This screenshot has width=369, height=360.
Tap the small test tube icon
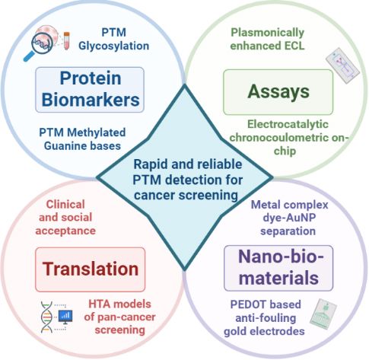66,40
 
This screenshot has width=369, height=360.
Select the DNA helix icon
46,317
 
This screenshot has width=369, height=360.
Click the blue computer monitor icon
65,317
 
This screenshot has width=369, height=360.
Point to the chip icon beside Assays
342,67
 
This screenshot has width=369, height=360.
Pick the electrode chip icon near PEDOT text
323,314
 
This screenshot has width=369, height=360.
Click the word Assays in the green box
278,91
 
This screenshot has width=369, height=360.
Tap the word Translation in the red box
91,269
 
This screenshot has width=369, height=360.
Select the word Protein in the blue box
91,78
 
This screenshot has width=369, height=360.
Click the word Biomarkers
91,100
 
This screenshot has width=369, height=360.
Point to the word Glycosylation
113,46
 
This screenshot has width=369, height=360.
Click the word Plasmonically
267,33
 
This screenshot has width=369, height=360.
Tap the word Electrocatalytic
288,124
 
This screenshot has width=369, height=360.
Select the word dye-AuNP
289,218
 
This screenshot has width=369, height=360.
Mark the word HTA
99,304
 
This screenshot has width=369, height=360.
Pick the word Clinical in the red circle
65,205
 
